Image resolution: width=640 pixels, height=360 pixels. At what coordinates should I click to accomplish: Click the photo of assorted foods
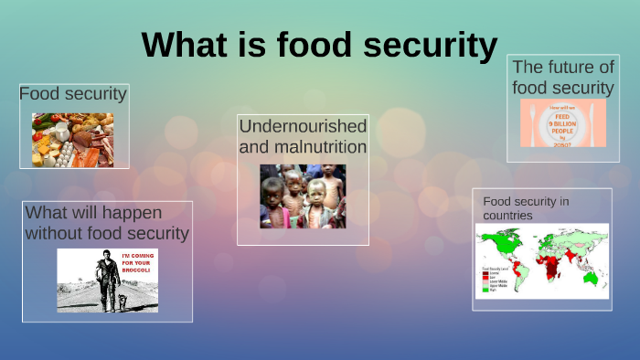[x=73, y=140]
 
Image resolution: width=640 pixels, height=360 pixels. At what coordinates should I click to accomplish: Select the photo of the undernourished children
[x=303, y=196]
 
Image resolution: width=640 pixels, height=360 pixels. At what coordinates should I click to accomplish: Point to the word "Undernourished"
[x=303, y=125]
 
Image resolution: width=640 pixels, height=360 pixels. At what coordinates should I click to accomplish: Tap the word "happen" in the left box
[x=131, y=213]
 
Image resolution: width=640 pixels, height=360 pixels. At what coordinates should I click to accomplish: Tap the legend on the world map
[x=495, y=280]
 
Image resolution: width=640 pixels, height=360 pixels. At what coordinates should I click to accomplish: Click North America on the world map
[x=500, y=242]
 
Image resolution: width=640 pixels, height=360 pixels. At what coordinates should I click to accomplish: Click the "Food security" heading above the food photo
[x=73, y=94]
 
